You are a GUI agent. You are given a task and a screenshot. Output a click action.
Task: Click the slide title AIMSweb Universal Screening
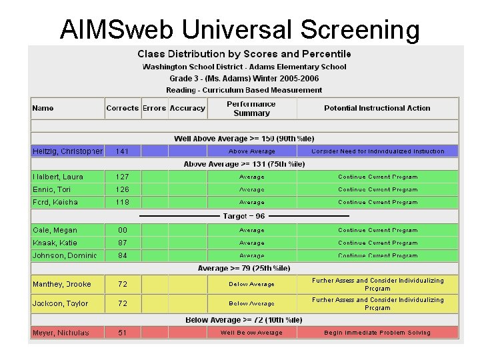pos(240,29)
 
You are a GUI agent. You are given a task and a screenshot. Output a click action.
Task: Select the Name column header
pos(43,108)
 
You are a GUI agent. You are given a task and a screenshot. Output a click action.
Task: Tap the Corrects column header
pos(122,108)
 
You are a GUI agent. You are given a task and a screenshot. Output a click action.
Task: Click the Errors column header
pos(154,108)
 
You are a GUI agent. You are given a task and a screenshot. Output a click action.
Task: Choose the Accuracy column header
pos(187,108)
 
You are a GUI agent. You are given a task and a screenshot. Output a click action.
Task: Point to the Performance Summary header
pos(251,109)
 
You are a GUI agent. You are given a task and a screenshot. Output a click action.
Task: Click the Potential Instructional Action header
pos(377,108)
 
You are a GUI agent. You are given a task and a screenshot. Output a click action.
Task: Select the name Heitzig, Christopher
pos(67,151)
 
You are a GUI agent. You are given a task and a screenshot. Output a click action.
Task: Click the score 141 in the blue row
pos(122,151)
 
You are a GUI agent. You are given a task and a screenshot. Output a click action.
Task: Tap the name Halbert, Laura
pos(58,177)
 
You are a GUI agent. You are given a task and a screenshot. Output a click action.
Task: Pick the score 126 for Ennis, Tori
pos(122,189)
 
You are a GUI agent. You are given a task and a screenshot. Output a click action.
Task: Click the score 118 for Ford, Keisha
pos(122,202)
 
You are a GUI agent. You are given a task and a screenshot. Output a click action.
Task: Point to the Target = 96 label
pos(244,216)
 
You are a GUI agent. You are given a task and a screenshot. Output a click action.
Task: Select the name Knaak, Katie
pos(55,243)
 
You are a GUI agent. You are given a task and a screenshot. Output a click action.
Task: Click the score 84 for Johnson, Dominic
pos(122,255)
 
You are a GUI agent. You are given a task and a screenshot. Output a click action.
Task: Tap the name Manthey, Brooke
pos(62,284)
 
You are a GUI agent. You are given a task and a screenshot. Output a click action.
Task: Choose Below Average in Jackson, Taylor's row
pos(251,303)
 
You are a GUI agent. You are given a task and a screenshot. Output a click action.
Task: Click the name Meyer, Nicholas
pos(61,333)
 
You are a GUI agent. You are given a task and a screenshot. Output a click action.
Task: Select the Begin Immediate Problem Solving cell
pos(377,333)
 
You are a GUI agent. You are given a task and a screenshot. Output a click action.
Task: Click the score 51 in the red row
pos(122,333)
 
